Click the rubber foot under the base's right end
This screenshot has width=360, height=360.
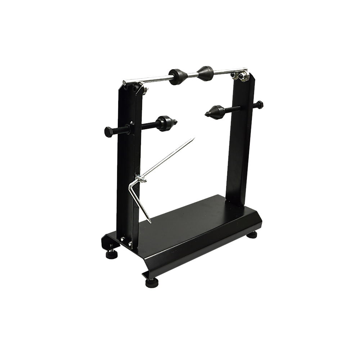pos(254,235)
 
